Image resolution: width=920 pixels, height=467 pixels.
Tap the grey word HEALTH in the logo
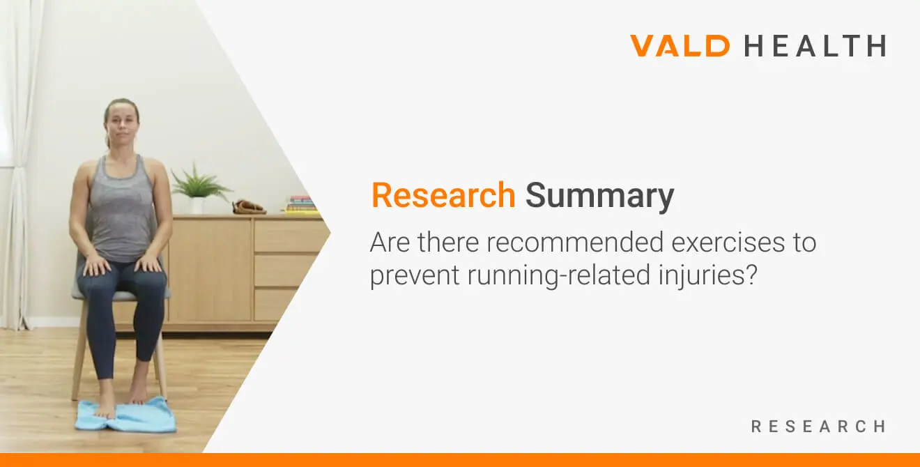pyautogui.click(x=815, y=46)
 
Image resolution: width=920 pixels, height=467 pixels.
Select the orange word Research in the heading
pyautogui.click(x=443, y=195)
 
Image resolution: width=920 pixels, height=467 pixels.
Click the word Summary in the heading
pyautogui.click(x=599, y=195)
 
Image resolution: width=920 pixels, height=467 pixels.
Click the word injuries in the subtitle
pyautogui.click(x=711, y=276)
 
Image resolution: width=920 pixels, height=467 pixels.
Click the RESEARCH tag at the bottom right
pyautogui.click(x=818, y=426)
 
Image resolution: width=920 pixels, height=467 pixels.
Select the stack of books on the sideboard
pyautogui.click(x=301, y=204)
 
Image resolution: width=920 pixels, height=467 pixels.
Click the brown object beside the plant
pyautogui.click(x=248, y=206)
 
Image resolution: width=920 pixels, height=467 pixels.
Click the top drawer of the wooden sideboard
pyautogui.click(x=289, y=236)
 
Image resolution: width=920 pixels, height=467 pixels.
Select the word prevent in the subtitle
pyautogui.click(x=415, y=276)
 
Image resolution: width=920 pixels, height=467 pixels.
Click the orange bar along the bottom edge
pyautogui.click(x=460, y=460)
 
